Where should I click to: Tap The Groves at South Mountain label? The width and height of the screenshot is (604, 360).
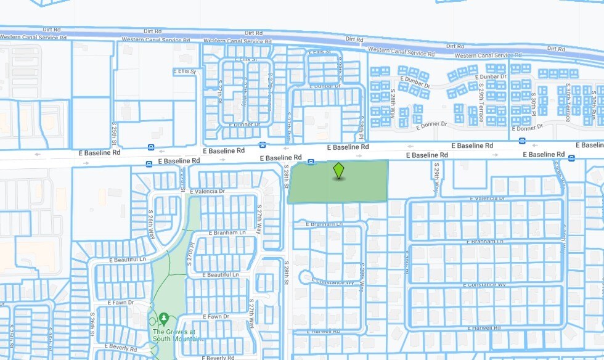pos(174,336)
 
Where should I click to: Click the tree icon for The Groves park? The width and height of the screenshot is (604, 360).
pos(164,318)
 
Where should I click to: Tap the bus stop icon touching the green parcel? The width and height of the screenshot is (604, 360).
pos(311,162)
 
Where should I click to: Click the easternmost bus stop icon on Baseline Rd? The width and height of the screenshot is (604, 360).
pos(571,158)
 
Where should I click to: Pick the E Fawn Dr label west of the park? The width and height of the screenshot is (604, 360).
pos(116,303)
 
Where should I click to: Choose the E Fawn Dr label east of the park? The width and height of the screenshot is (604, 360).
pos(218,316)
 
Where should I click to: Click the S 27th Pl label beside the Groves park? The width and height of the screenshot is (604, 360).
pos(190,255)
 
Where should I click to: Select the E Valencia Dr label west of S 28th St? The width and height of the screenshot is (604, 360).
pos(208,192)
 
